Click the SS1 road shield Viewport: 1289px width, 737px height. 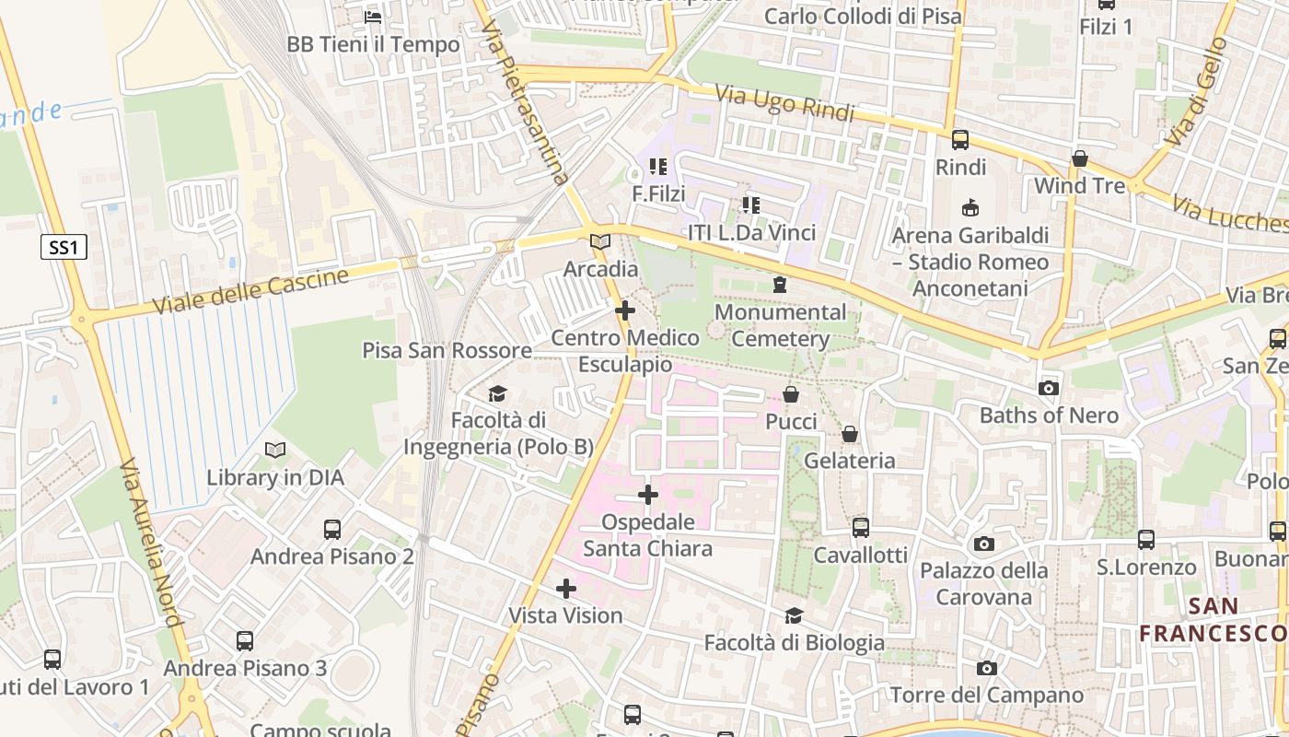click(x=64, y=247)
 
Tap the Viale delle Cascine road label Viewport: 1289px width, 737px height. click(x=250, y=291)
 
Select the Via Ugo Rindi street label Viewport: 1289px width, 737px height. click(x=784, y=103)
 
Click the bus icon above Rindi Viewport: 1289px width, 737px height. click(x=960, y=140)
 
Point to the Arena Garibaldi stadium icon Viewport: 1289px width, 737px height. click(x=970, y=207)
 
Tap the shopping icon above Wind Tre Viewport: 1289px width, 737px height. click(x=1080, y=158)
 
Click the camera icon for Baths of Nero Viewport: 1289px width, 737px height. click(x=1049, y=388)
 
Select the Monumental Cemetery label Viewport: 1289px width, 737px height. click(x=781, y=325)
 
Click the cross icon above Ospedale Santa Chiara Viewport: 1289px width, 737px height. click(x=648, y=495)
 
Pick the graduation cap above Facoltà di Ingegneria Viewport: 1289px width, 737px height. click(x=497, y=393)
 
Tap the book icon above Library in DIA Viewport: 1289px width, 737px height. click(x=274, y=450)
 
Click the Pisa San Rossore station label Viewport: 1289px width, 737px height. click(x=447, y=350)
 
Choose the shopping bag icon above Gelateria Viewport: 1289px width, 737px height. click(x=850, y=433)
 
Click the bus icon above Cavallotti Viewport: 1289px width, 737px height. click(x=861, y=528)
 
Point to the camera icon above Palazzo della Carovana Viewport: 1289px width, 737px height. click(x=984, y=544)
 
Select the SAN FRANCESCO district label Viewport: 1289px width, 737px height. click(x=1213, y=620)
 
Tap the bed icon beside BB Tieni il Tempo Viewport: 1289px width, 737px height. click(x=373, y=17)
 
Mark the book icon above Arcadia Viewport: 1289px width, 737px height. click(x=600, y=241)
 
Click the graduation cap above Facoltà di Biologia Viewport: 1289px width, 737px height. click(x=794, y=615)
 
